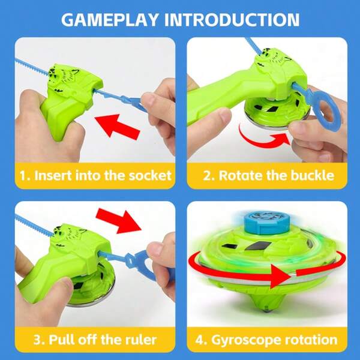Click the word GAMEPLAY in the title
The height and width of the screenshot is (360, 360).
(110, 20)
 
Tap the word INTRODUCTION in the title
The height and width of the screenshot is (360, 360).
(232, 20)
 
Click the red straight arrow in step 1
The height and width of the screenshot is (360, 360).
(118, 127)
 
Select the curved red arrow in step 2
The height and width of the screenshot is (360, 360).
(264, 138)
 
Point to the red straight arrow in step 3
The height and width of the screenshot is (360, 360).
(118, 220)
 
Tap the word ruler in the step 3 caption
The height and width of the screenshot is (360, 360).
(141, 340)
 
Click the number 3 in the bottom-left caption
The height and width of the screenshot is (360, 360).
(37, 340)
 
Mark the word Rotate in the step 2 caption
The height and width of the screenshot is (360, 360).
(241, 176)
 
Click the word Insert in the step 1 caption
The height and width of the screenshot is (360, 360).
(53, 176)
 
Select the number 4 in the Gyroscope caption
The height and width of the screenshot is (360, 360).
(200, 340)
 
